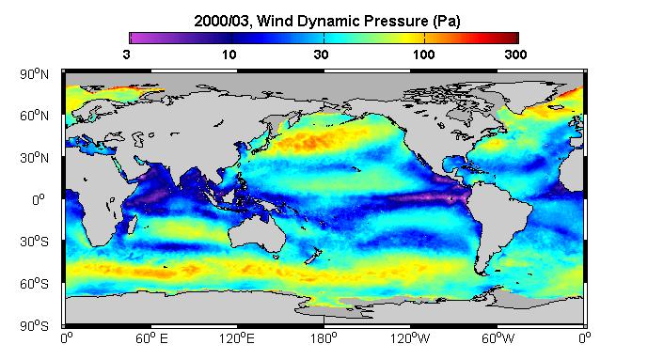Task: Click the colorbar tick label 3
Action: click(126, 55)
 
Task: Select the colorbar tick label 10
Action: click(229, 55)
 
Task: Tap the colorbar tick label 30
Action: click(321, 55)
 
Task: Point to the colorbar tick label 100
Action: click(423, 55)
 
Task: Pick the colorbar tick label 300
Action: click(515, 55)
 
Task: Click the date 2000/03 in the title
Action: click(222, 21)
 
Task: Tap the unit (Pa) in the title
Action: click(447, 21)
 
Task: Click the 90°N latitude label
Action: click(34, 74)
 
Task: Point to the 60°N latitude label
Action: click(34, 116)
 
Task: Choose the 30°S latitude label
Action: click(34, 242)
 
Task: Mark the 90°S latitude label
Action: click(34, 326)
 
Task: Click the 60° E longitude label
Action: click(151, 338)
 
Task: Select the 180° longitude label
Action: click(324, 338)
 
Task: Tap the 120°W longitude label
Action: click(410, 338)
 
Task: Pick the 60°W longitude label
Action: click(498, 338)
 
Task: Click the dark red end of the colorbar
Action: click(514, 38)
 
